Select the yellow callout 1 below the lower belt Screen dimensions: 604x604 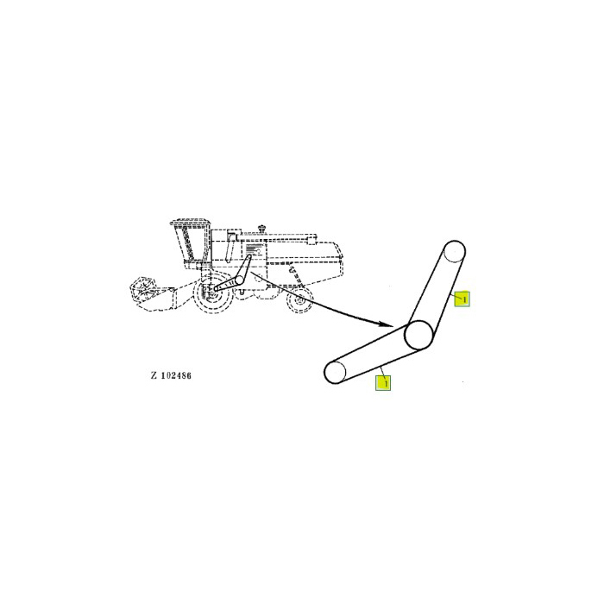coord(383,381)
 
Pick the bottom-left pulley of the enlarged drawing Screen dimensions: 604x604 coord(335,373)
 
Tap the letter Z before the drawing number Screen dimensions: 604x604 coord(153,376)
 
